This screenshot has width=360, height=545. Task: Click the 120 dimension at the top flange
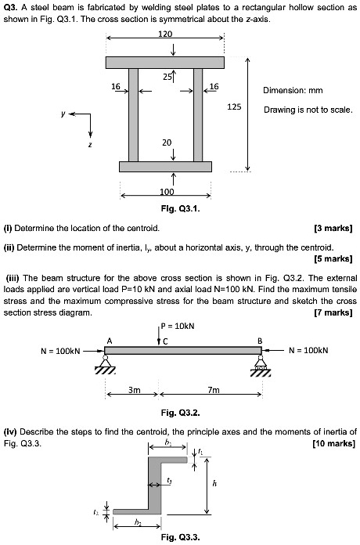(165, 34)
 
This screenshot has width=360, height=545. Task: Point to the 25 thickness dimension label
(167, 77)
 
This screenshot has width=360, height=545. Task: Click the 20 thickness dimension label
(167, 143)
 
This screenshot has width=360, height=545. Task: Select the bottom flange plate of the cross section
(165, 166)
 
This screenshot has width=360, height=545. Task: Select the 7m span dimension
(213, 389)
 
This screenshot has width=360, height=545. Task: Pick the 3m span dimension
(134, 389)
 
